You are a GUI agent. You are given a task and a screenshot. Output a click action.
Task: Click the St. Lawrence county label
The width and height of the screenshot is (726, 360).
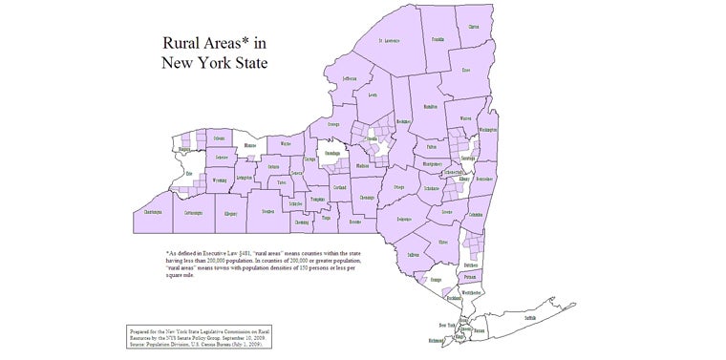click(x=388, y=41)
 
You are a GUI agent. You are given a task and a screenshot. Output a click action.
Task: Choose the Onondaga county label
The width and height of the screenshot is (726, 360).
click(x=332, y=152)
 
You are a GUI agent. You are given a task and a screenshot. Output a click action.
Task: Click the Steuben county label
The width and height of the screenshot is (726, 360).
click(x=267, y=212)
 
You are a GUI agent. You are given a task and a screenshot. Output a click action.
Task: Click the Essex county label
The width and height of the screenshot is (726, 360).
click(x=465, y=70)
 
